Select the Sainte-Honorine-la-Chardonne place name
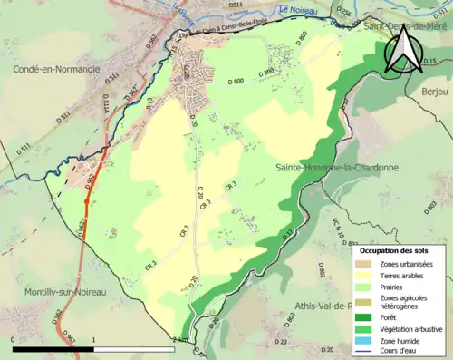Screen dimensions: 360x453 tap(335, 168)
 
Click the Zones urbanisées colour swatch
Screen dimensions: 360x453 tap(364, 264)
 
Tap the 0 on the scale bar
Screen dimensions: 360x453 tap(14, 340)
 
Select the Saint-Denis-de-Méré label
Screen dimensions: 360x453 tap(403, 27)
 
